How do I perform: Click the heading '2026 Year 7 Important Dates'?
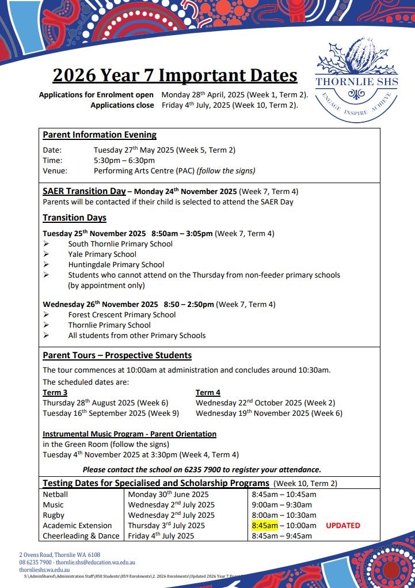[175, 75]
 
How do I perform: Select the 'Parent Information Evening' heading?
[100, 135]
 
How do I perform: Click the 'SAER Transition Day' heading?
[84, 191]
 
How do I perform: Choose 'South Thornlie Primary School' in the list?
[120, 244]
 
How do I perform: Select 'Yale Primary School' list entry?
[102, 254]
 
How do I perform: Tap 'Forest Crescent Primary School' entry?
[122, 314]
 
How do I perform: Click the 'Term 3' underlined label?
[55, 393]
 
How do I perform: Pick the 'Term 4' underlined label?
[208, 393]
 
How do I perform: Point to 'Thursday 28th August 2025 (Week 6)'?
[105, 403]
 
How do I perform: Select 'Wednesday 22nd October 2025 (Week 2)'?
[265, 403]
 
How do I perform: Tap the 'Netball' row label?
[55, 494]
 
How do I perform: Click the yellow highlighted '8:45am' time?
[265, 525]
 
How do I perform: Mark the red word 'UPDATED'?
[343, 525]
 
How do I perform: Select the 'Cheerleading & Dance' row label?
[81, 536]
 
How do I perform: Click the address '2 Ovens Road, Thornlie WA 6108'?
[60, 555]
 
